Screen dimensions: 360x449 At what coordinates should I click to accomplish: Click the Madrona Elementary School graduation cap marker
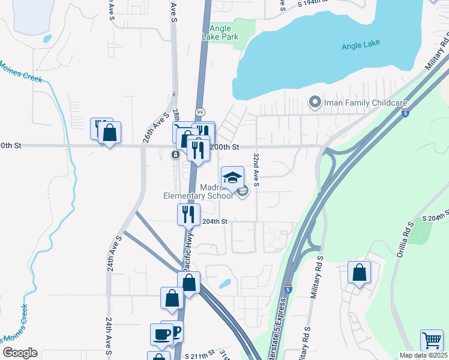232,178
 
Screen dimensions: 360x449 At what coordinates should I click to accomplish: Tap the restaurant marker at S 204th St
188,214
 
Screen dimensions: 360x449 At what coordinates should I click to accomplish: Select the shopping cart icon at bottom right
432,341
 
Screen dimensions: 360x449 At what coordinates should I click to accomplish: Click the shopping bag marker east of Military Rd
359,273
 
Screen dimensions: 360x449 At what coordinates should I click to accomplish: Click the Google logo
20,353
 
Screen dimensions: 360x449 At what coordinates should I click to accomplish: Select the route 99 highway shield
200,112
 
